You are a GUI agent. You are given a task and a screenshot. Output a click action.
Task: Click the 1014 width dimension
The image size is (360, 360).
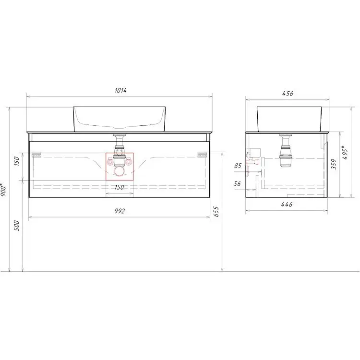pyautogui.click(x=120, y=90)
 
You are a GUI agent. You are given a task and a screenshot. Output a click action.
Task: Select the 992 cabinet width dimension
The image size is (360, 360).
pyautogui.click(x=120, y=211)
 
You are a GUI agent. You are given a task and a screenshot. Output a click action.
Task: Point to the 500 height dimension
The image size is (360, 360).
pyautogui.click(x=16, y=226)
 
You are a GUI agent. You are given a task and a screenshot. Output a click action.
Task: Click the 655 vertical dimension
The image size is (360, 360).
pyautogui.click(x=216, y=212)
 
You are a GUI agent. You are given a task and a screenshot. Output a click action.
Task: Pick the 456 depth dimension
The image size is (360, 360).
pyautogui.click(x=288, y=94)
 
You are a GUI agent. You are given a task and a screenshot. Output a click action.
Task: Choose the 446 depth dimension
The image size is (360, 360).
pyautogui.click(x=287, y=204)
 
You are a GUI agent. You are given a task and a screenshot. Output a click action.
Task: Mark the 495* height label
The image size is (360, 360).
pyautogui.click(x=345, y=153)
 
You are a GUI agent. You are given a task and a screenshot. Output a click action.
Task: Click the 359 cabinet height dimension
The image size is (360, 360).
pyautogui.click(x=334, y=164)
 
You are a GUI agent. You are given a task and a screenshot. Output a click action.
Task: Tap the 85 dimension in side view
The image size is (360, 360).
pyautogui.click(x=238, y=166)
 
